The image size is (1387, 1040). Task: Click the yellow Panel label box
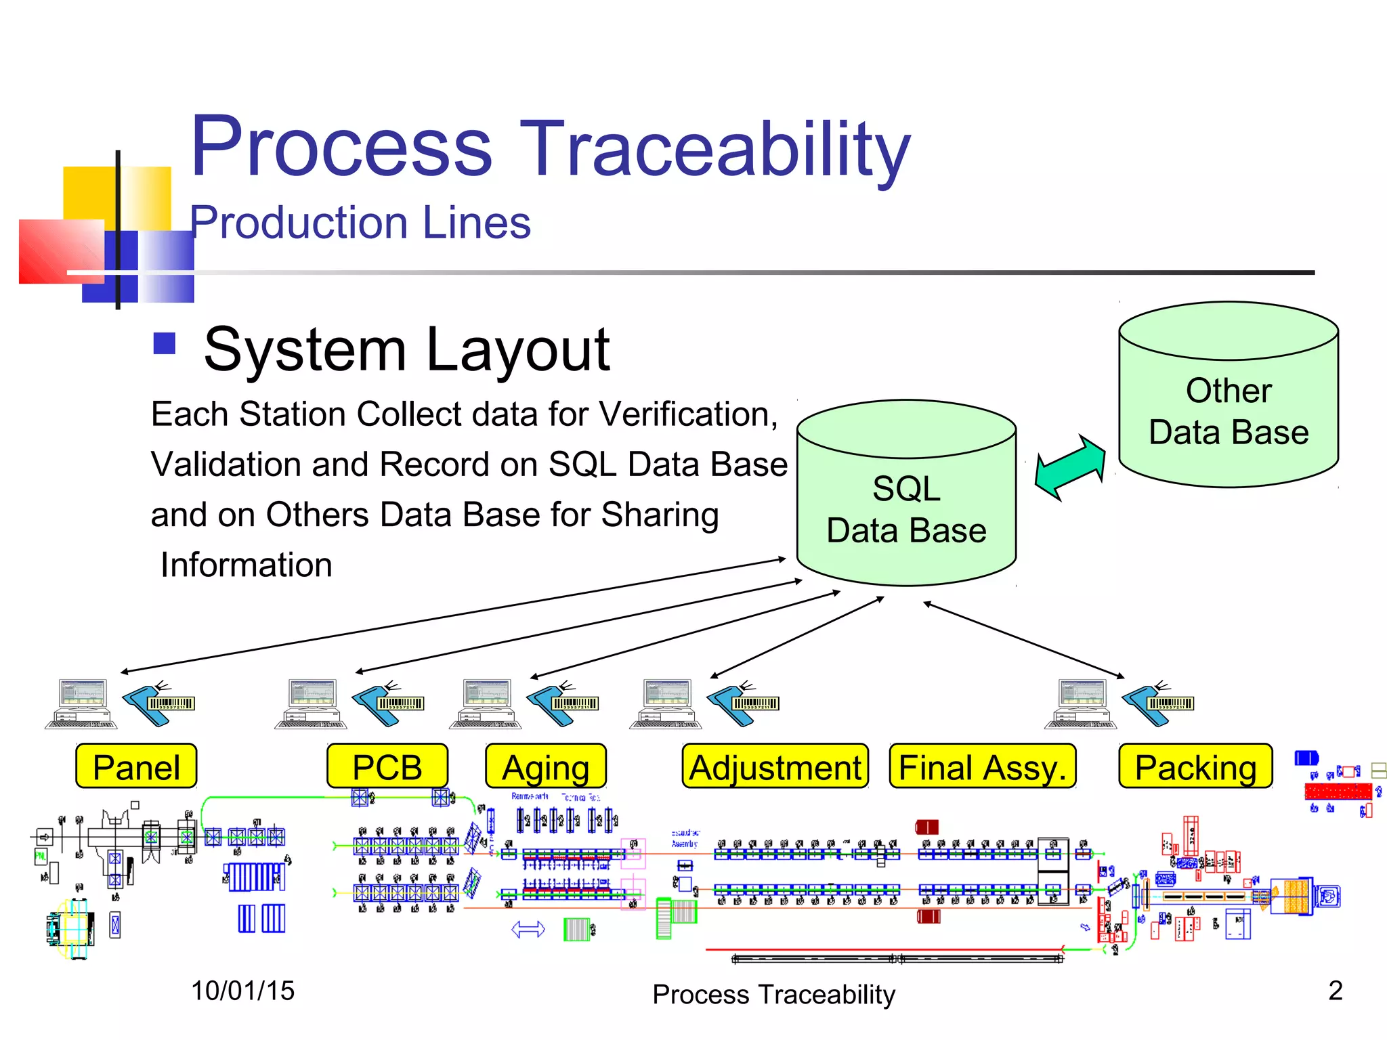coord(136,766)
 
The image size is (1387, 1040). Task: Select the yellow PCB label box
coord(387,766)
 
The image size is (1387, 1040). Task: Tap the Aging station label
coord(546,766)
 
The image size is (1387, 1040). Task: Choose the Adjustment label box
coord(775,766)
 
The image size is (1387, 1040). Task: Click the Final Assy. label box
coord(982,766)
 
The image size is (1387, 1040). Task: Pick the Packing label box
coord(1195,766)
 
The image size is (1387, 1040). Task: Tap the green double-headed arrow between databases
coord(1070,467)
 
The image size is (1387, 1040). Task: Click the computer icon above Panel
coord(81,704)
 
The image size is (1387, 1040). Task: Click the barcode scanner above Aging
coord(562,704)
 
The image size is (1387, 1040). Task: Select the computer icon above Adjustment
coord(666,704)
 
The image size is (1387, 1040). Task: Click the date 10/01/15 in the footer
coord(242,991)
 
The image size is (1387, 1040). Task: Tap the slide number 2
coord(1335,991)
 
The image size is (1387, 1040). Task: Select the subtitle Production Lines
coord(360,223)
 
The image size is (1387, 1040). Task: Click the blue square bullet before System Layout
coord(165,343)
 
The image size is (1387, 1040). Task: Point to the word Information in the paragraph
coord(247,565)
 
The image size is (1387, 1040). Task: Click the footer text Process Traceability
coord(773,995)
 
